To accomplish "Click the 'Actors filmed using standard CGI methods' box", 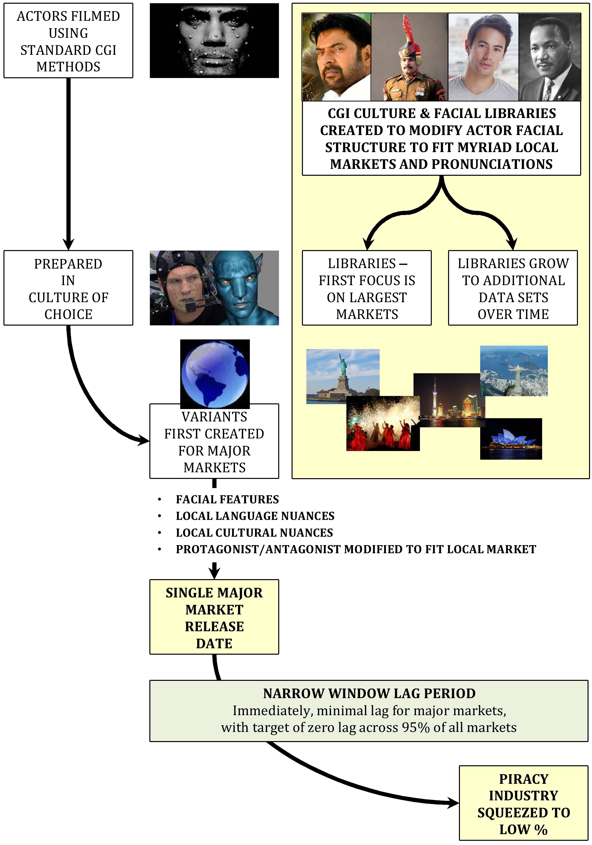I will point(68,41).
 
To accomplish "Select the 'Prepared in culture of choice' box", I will point(68,288).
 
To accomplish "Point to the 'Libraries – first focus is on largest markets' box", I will point(367,288).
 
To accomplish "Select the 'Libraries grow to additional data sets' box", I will point(513,288).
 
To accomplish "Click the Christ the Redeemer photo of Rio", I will point(513,370).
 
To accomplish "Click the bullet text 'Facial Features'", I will point(227,499).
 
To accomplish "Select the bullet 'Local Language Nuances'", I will point(255,516).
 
